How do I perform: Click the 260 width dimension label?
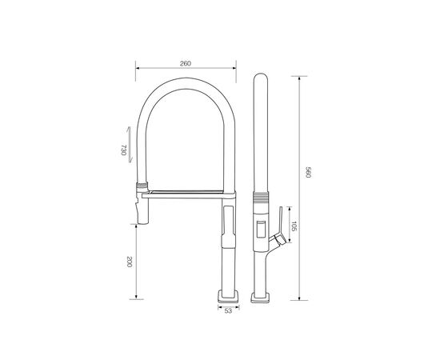(186, 63)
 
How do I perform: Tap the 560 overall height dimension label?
(308, 172)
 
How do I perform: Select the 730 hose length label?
(123, 150)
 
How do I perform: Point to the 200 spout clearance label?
(129, 262)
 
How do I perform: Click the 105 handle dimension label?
(294, 226)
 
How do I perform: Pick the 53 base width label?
(229, 311)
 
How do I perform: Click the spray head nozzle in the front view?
(142, 209)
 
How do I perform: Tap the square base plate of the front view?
(228, 296)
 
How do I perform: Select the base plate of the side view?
(260, 298)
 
